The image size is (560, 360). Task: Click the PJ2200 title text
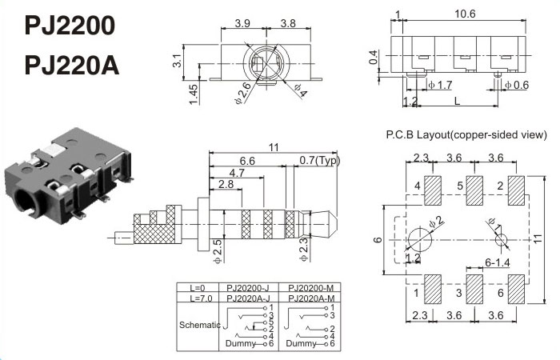point(70,26)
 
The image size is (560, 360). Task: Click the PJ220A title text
point(72,64)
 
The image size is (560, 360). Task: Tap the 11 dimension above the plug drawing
point(274,146)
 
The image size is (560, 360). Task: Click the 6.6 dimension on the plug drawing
point(246,161)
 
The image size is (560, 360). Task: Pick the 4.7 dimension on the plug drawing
point(237,173)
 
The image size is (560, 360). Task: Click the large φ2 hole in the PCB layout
point(420,238)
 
